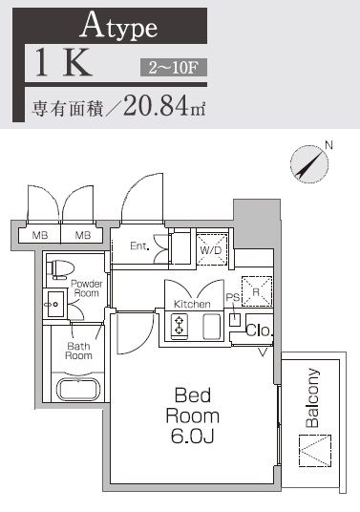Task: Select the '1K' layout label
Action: tap(64, 64)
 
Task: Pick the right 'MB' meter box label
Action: tap(83, 235)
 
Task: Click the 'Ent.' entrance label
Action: tap(139, 245)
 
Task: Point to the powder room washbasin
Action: tap(53, 306)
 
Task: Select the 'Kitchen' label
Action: tap(191, 304)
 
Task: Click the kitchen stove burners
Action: tap(179, 328)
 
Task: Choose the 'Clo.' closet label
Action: tap(259, 331)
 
